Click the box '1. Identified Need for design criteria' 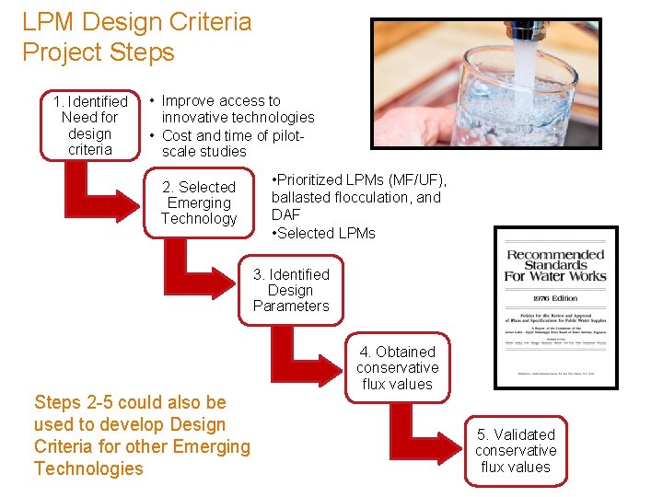pos(90,125)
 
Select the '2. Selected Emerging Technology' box pos(199,202)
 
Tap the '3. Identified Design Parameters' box pos(291,290)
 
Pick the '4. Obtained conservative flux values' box pos(398,367)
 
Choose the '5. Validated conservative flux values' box pos(516,450)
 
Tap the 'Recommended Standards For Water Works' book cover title pos(555,265)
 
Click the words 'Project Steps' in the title pos(99,52)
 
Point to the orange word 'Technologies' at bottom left pos(88,468)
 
